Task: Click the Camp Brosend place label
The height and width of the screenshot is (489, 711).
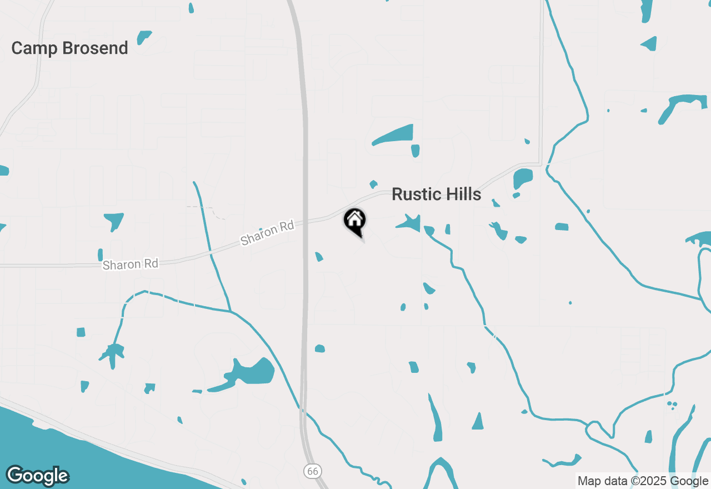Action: coord(69,48)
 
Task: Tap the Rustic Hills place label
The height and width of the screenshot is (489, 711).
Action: coord(436,194)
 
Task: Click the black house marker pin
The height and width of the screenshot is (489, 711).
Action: coord(354,221)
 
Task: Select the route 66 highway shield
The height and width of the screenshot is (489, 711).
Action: coord(313,471)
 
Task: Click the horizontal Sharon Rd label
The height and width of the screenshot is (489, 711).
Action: coord(131,264)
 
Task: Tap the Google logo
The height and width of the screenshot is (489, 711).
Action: coord(37,476)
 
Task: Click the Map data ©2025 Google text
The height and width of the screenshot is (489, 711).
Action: coord(643,481)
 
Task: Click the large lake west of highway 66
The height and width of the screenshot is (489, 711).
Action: coord(250,373)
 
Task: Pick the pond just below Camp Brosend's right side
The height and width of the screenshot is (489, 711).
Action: coord(144,38)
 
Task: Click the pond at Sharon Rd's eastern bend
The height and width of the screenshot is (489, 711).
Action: coord(523,178)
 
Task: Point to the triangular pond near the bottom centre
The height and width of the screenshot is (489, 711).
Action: coord(478,422)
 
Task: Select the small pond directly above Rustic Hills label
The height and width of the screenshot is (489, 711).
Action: coord(374,184)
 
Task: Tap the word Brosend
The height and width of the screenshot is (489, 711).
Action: coord(95,48)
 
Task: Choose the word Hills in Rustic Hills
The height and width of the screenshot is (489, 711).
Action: coord(459,194)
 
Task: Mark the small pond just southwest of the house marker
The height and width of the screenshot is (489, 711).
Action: coord(319,257)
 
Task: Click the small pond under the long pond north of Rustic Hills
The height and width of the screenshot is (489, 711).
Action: coord(415,151)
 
